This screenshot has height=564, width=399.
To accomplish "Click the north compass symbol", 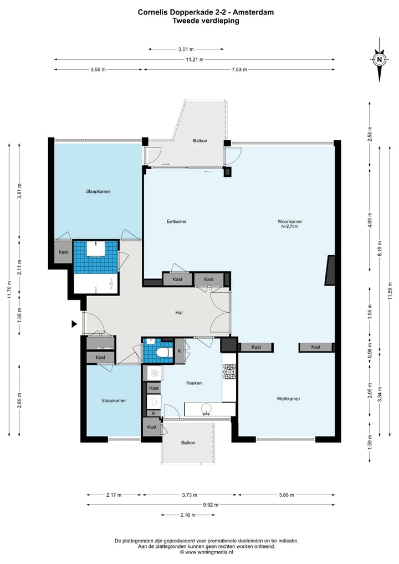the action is click(x=379, y=60).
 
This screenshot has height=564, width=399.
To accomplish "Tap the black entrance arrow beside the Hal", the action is click(x=74, y=324).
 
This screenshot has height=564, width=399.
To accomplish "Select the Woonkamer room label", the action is click(x=290, y=222).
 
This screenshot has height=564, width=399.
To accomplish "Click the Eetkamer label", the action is click(x=176, y=222).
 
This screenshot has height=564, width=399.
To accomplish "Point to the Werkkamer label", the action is click(x=288, y=399).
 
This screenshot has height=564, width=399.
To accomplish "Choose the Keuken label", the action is click(x=194, y=383).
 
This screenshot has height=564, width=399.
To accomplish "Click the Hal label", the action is click(x=179, y=313).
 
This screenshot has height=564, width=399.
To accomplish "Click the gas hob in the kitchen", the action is click(x=229, y=372).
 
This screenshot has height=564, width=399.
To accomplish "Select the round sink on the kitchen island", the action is click(x=206, y=409).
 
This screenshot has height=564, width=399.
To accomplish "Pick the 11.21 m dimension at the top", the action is click(x=195, y=59).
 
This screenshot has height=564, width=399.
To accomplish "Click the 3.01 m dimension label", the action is click(x=186, y=49).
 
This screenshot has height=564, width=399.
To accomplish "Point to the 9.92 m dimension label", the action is click(x=210, y=505).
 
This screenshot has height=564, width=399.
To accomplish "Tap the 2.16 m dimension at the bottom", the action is click(x=188, y=515).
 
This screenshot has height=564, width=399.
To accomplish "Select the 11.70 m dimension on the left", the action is click(x=10, y=289).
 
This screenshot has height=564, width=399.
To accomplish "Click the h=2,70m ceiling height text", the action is click(x=290, y=227).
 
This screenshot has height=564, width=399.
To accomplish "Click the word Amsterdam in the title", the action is click(x=253, y=12).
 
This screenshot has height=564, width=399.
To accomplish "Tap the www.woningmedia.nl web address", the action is click(x=209, y=551).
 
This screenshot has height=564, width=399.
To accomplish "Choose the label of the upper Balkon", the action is click(x=200, y=141).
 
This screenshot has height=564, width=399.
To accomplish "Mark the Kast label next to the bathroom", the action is click(x=63, y=252).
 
